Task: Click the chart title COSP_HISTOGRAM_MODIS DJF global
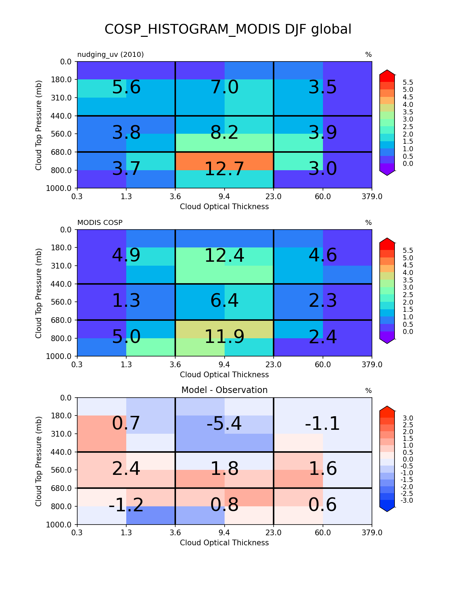pyautogui.click(x=228, y=29)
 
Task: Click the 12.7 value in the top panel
pyautogui.click(x=224, y=169)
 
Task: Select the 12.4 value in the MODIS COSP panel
pyautogui.click(x=224, y=256)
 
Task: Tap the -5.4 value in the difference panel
pyautogui.click(x=224, y=423)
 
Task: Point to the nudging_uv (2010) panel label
pyautogui.click(x=111, y=55)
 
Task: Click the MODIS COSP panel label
pyautogui.click(x=100, y=223)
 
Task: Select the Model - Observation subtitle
pyautogui.click(x=224, y=390)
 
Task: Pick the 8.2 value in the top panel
pyautogui.click(x=224, y=133)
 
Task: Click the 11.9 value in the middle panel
pyautogui.click(x=224, y=337)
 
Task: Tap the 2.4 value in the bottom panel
pyautogui.click(x=126, y=469)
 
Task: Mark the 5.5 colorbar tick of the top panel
pyautogui.click(x=408, y=82)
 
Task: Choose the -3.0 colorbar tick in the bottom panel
pyautogui.click(x=407, y=500)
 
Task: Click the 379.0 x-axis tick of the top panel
pyautogui.click(x=372, y=197)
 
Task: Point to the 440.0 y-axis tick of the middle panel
pyautogui.click(x=61, y=284)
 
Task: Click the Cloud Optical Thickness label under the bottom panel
pyautogui.click(x=224, y=542)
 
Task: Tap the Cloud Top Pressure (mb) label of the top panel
pyautogui.click(x=38, y=125)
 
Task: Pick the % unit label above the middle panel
pyautogui.click(x=368, y=223)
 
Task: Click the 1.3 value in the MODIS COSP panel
pyautogui.click(x=126, y=301)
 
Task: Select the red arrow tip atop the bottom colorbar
pyautogui.click(x=387, y=407)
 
